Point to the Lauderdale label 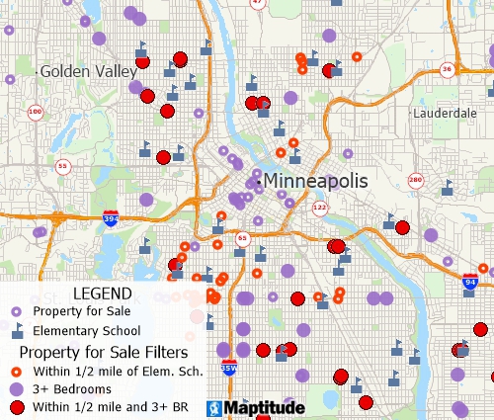pyautogui.click(x=444, y=113)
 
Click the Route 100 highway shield pyautogui.click(x=36, y=112)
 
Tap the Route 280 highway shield pyautogui.click(x=415, y=180)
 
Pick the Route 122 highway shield pyautogui.click(x=319, y=208)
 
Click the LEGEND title pyautogui.click(x=102, y=294)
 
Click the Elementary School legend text pyautogui.click(x=87, y=331)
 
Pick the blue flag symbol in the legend pyautogui.click(x=17, y=331)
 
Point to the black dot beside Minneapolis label pyautogui.click(x=259, y=181)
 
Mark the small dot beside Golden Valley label pyautogui.click(x=38, y=72)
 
